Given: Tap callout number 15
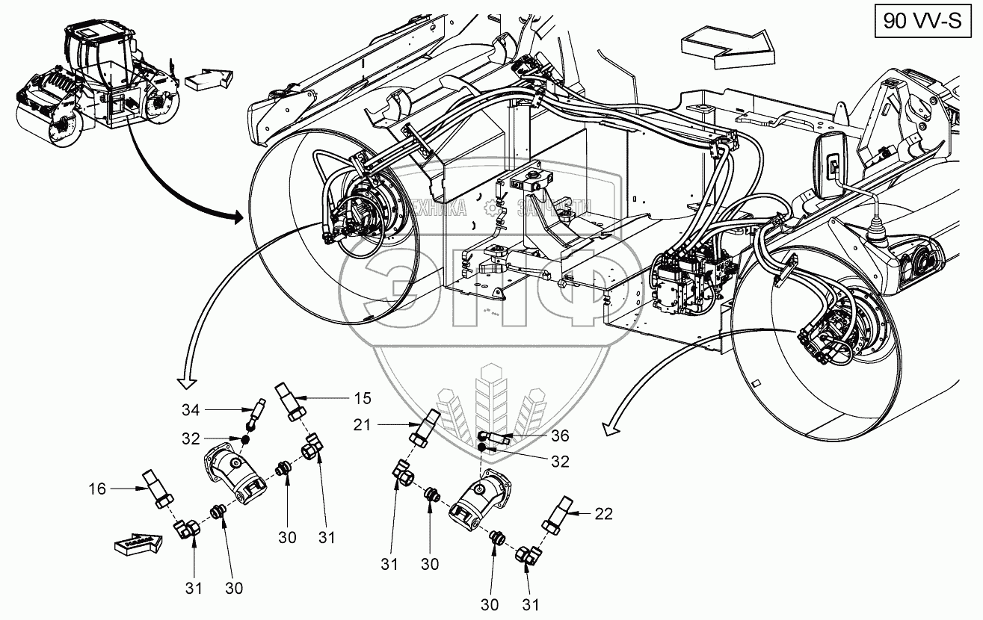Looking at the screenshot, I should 362,397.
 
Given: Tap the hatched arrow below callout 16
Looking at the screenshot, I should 139,543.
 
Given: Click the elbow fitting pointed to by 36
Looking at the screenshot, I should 495,437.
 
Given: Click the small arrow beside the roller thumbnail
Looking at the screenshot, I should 209,79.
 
